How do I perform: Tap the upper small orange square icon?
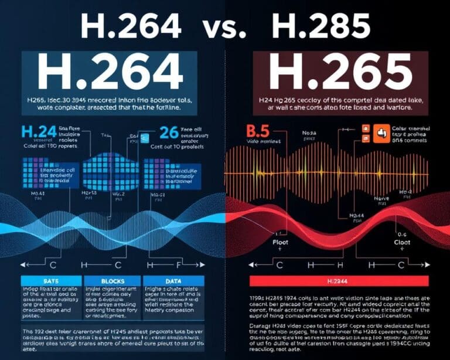pyautogui.click(x=364, y=127)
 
